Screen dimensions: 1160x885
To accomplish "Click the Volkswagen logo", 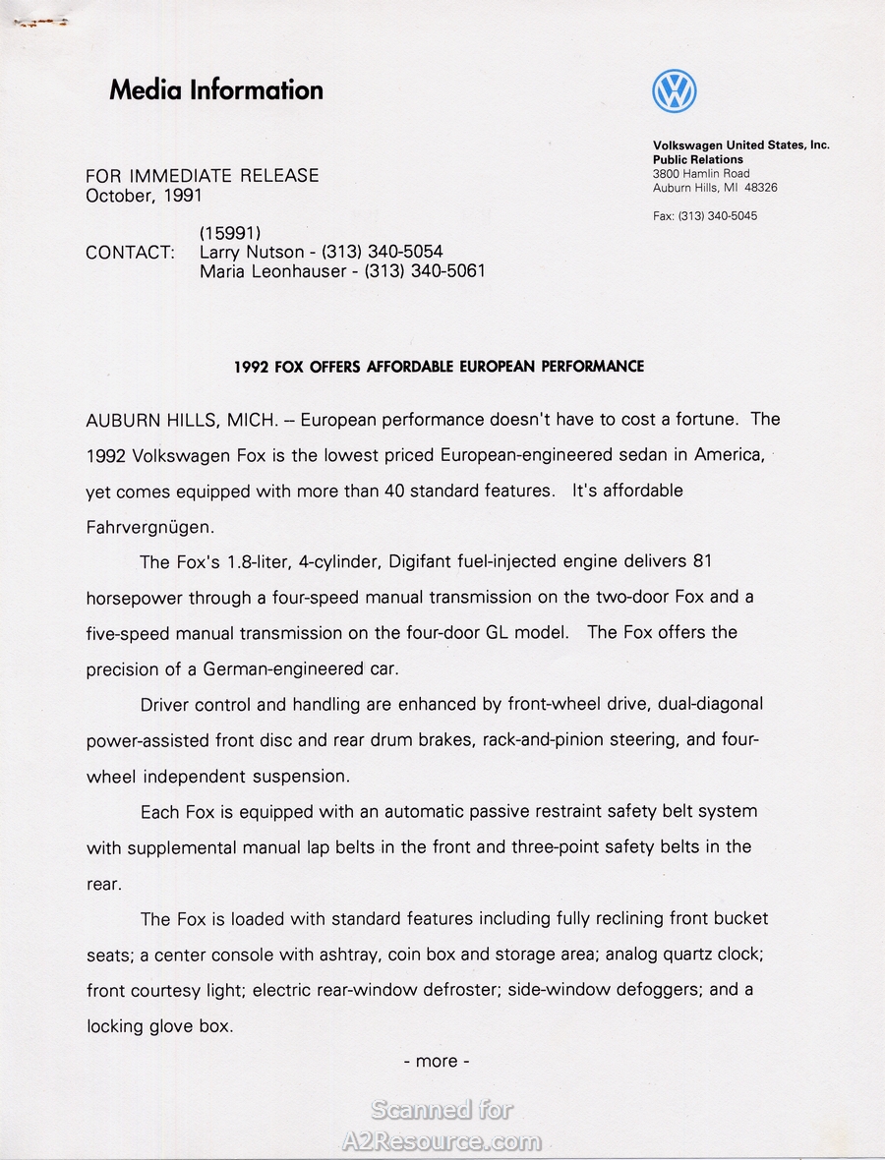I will coord(675,91).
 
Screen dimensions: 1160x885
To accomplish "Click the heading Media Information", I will coord(216,90).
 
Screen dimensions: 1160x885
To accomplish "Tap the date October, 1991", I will coord(144,196).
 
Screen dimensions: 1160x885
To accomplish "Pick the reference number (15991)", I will coord(229,233).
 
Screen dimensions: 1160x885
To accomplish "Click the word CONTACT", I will coord(130,253).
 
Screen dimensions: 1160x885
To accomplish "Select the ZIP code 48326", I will coord(761,188).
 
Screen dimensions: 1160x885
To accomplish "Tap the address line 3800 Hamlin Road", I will coord(701,174).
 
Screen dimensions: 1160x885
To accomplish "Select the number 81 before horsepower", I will coord(701,561).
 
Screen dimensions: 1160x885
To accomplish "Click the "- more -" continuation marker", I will coord(437,1062).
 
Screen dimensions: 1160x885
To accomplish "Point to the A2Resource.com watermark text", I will coord(441,1141).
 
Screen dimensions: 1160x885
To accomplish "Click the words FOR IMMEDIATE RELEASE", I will coord(203,176).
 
